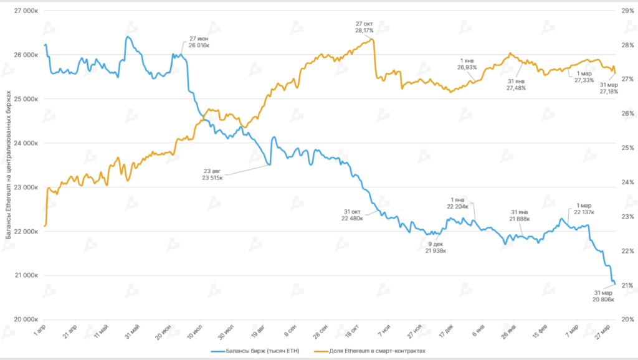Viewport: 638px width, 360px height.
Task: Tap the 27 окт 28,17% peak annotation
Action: pyautogui.click(x=364, y=26)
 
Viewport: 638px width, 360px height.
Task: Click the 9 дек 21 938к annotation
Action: pyautogui.click(x=436, y=247)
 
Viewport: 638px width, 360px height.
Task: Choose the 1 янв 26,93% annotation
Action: pyautogui.click(x=467, y=64)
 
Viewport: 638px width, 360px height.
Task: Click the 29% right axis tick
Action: pyautogui.click(x=624, y=11)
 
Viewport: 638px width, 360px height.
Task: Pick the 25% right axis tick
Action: pyautogui.click(x=624, y=148)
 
